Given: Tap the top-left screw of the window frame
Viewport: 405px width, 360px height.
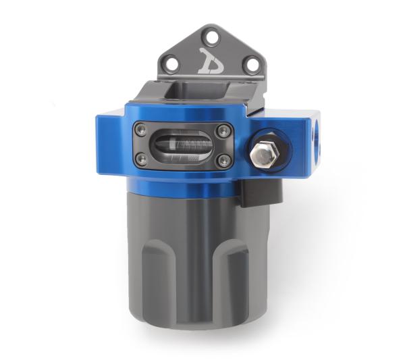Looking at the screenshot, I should [x=142, y=130].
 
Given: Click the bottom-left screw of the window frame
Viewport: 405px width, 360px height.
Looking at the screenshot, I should [x=142, y=159].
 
